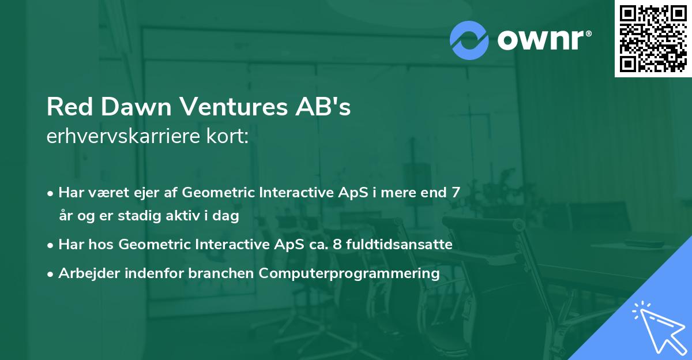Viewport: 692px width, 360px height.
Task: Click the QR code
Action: coord(653,38)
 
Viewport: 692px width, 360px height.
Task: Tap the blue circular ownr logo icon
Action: coord(469,40)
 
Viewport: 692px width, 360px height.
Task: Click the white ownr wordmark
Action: coord(540,40)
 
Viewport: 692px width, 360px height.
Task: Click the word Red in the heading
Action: coord(70,107)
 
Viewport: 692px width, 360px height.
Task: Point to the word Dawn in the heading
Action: coord(136,107)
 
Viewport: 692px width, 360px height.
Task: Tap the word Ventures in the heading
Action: coord(234,107)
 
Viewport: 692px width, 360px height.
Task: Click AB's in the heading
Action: coord(323,107)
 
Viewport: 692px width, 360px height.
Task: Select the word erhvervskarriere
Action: coord(123,136)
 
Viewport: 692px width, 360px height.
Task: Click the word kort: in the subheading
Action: coord(227,136)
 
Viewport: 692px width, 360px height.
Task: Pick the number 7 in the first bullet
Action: coord(456,193)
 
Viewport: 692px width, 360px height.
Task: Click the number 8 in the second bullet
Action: coord(337,245)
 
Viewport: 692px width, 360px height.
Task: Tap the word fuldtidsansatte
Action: coord(399,245)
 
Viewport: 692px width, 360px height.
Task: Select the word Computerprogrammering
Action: coord(349,273)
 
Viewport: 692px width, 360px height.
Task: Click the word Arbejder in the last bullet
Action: coord(89,273)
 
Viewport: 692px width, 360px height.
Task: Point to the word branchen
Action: coord(221,273)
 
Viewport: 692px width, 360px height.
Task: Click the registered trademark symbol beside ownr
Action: coord(588,33)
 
